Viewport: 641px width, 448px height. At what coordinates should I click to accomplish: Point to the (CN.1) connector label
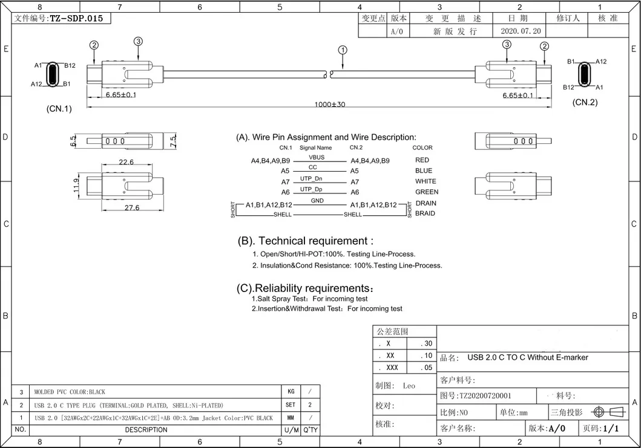(59, 109)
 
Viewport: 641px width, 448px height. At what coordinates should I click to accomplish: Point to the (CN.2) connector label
(585, 102)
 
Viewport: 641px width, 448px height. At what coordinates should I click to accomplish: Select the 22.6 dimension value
(127, 162)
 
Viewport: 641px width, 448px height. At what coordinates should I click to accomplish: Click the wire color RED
(422, 160)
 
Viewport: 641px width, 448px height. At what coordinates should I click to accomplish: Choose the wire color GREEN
(427, 192)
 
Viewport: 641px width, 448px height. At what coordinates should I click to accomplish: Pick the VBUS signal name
(317, 157)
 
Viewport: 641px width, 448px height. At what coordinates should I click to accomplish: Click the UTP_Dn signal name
(311, 178)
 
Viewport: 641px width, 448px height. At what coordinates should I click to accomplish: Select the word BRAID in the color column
(425, 213)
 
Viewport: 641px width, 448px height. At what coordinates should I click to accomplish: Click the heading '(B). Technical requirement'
(311, 241)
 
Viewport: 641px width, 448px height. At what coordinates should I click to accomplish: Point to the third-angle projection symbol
(607, 412)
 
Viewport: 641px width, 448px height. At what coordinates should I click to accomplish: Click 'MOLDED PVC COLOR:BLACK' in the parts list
(71, 392)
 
